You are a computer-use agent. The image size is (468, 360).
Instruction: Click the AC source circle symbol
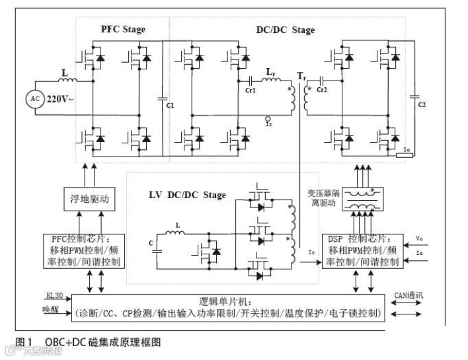(34, 99)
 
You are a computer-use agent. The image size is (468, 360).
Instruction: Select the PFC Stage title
(123, 30)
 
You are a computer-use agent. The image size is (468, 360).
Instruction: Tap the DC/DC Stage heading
(286, 30)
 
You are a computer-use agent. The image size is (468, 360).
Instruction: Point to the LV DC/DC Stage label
(188, 195)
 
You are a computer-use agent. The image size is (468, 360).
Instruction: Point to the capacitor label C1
(170, 106)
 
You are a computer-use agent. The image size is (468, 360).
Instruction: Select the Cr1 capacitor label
(251, 89)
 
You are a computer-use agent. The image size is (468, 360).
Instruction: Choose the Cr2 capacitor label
(323, 89)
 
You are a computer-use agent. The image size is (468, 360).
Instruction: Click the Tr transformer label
(301, 77)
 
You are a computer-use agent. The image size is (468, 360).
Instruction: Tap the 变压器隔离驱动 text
(323, 198)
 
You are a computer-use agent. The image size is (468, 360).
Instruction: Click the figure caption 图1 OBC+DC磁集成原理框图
(88, 342)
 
